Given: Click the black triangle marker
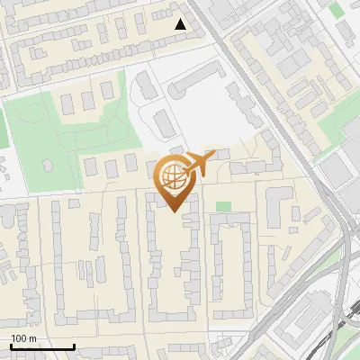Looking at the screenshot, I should click(181, 24).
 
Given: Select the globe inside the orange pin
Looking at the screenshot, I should click(175, 176).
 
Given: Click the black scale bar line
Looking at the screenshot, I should click(41, 347).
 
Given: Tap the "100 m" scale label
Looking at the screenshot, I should click(24, 339).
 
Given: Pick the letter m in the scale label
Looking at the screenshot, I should click(34, 339).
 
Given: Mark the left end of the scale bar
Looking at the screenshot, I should click(10, 347).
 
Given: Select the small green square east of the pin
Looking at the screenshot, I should click(223, 207).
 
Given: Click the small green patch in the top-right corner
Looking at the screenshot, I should click(336, 10).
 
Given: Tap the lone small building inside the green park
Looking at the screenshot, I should click(48, 166).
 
